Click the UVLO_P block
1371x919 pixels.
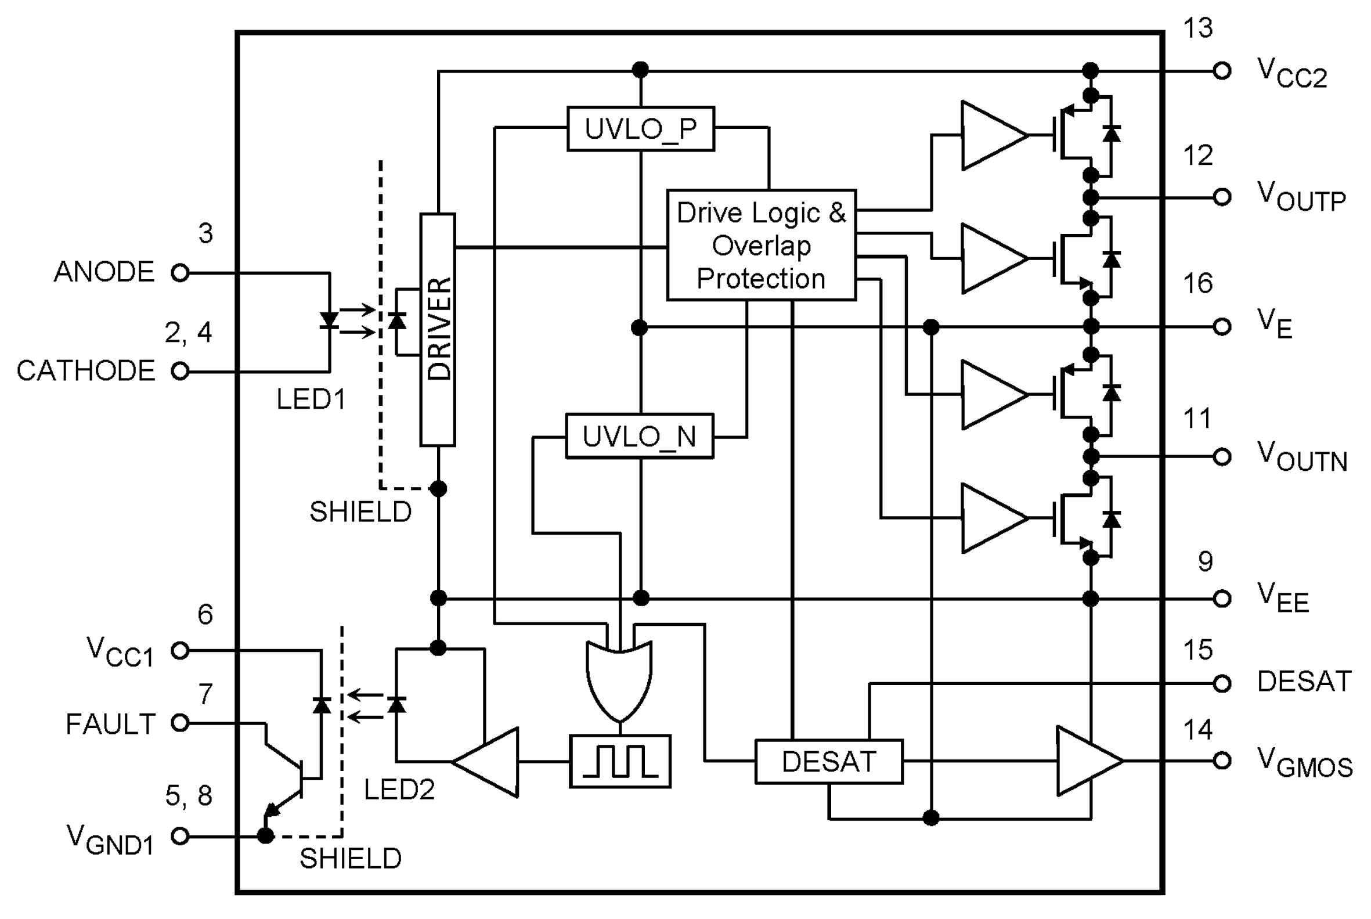click(x=640, y=129)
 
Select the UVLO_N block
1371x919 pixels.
click(x=639, y=437)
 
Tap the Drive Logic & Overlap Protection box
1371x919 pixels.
click(x=761, y=246)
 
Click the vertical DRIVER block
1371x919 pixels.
click(x=438, y=329)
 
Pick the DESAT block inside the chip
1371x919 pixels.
click(x=828, y=762)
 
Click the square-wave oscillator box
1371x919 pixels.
click(x=620, y=761)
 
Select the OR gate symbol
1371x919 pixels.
click(x=619, y=680)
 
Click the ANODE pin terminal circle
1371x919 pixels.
click(x=181, y=272)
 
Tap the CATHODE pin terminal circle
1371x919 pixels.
click(x=181, y=371)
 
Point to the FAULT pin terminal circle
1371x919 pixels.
click(x=181, y=723)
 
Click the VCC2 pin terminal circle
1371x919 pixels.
click(x=1222, y=71)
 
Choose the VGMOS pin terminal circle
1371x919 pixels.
click(x=1222, y=761)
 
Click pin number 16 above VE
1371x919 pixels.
click(x=1197, y=284)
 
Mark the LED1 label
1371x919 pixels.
click(x=311, y=400)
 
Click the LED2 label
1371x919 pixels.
click(x=399, y=790)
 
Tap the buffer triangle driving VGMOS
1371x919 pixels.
click(x=1087, y=761)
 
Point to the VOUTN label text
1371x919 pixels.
click(x=1302, y=457)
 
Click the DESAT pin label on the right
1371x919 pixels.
click(x=1304, y=682)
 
